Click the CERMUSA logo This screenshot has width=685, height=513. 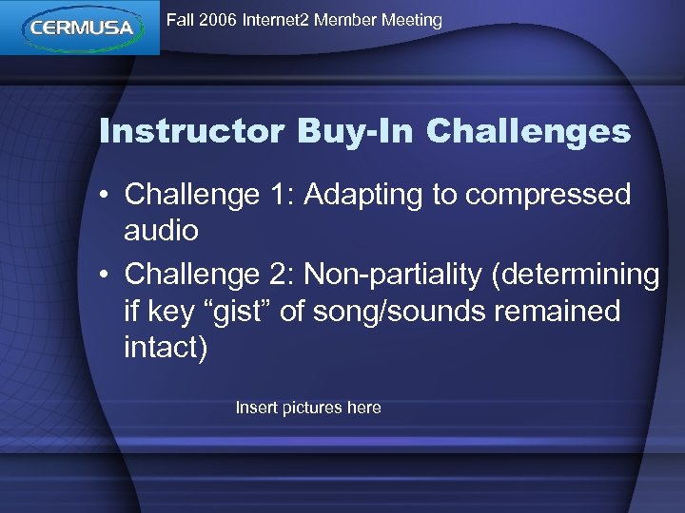click(x=80, y=28)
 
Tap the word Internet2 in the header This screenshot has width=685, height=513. click(x=276, y=20)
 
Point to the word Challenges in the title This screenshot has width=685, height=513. click(x=529, y=131)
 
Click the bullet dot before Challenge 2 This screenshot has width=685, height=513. click(x=107, y=275)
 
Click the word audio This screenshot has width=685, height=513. click(x=161, y=231)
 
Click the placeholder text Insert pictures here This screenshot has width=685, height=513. click(x=308, y=408)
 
